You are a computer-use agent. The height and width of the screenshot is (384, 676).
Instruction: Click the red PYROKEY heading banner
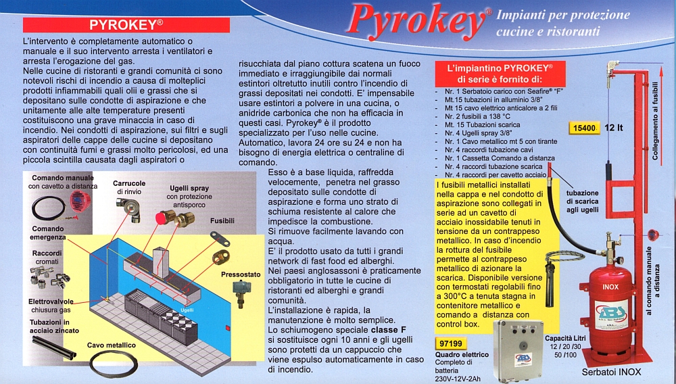click(126, 24)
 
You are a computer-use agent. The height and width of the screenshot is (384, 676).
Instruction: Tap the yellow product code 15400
click(584, 128)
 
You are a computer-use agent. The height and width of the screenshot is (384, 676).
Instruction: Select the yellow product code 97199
click(450, 343)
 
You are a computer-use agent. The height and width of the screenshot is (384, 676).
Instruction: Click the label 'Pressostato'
click(241, 274)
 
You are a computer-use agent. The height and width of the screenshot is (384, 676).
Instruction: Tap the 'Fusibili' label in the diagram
click(222, 220)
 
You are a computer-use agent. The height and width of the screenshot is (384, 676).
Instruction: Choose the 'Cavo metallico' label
click(112, 345)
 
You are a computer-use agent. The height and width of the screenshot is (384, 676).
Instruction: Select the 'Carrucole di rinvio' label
click(129, 187)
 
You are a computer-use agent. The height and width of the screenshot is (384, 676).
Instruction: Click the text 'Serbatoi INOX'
click(611, 372)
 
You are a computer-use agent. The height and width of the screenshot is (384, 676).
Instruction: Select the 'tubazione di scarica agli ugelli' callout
click(582, 201)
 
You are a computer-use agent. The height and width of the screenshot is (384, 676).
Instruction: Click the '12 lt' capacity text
click(614, 128)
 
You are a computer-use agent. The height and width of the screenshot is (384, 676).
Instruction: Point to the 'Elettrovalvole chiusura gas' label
click(51, 306)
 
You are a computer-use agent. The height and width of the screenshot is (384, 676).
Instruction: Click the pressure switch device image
click(239, 293)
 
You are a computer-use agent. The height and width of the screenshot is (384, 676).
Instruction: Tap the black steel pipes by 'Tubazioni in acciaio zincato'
click(54, 347)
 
